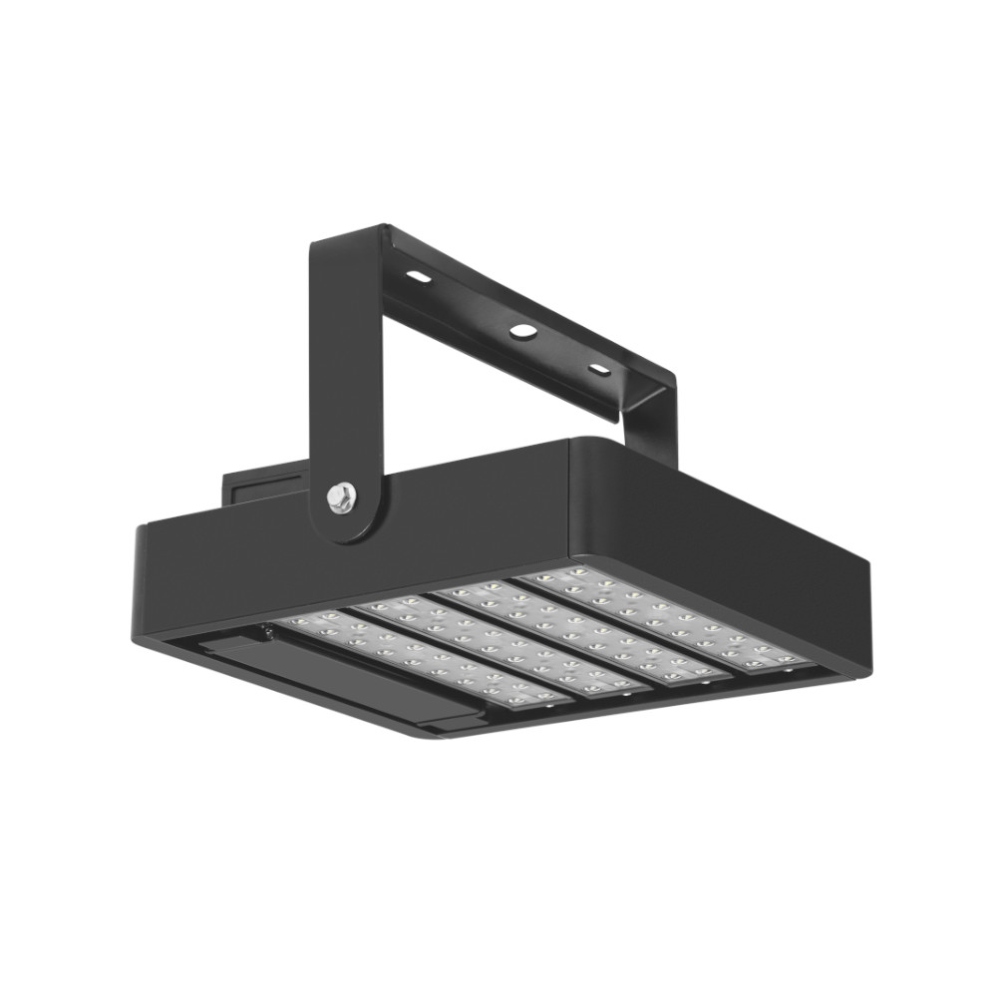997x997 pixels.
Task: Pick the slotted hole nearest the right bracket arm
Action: pos(599,370)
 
